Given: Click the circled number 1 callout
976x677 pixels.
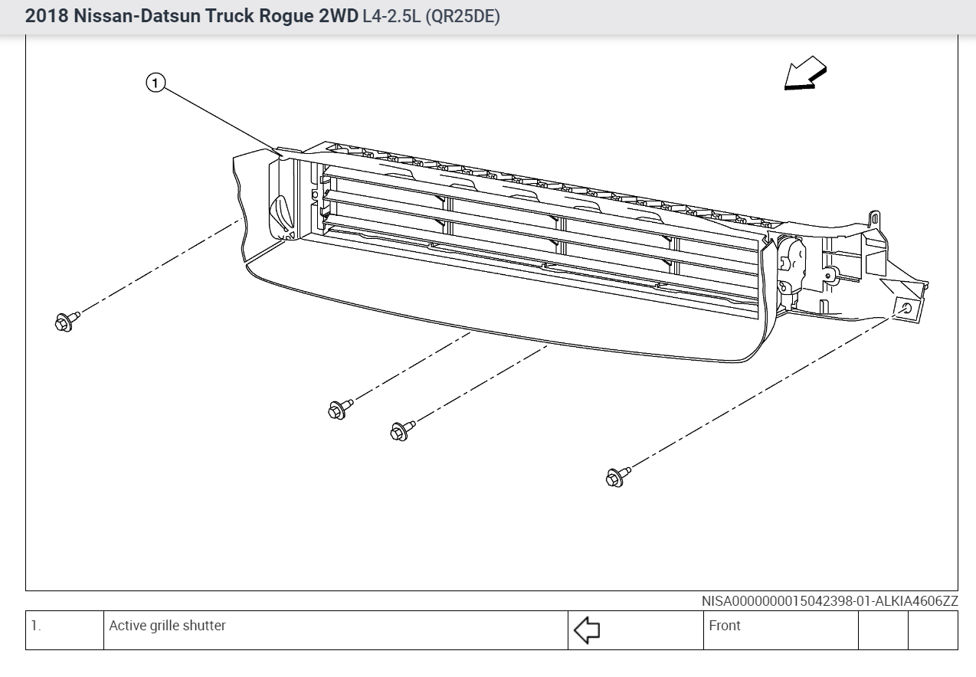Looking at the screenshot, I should (x=156, y=83).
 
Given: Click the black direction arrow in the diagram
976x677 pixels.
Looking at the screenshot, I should (x=804, y=77).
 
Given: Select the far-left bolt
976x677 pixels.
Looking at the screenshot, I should (x=65, y=322).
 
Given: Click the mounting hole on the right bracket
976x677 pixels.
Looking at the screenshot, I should (x=907, y=308).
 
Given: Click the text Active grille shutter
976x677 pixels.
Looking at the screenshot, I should (x=167, y=626).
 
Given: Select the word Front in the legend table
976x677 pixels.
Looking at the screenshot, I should (x=725, y=626).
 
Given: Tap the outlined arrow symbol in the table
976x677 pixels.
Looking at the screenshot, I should (x=586, y=630).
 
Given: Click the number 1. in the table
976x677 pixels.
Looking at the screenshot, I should (x=36, y=626).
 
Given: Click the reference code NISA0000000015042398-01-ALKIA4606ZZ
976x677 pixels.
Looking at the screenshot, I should (x=829, y=601).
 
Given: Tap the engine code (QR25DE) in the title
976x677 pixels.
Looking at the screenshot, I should (x=462, y=17).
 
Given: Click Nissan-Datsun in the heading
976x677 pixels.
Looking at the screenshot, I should (x=133, y=17).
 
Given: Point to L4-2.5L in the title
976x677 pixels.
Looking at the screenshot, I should (x=391, y=17).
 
